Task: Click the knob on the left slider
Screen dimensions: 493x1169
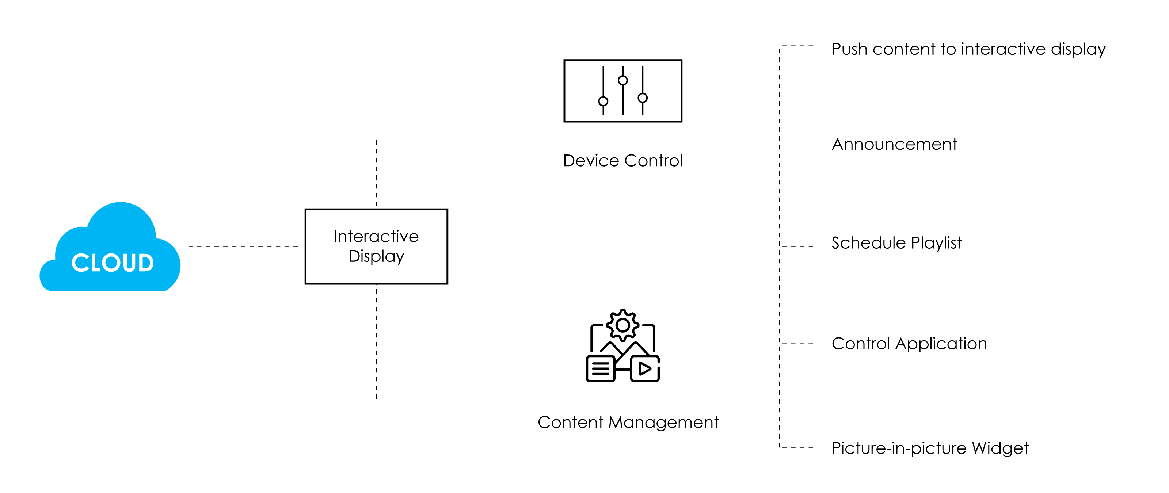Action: coord(603,101)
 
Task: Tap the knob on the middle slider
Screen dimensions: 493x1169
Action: coord(622,80)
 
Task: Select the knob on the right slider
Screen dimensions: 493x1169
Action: coord(643,98)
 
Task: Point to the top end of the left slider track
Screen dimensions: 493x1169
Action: coord(603,67)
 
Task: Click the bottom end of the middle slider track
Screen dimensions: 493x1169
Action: coord(622,114)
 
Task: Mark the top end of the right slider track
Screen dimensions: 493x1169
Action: coord(643,67)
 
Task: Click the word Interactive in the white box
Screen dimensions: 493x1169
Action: coord(376,236)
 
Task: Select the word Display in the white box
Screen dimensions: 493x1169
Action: coord(376,256)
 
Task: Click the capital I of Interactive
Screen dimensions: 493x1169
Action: coord(335,236)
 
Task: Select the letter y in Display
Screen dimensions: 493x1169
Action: coord(400,257)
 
